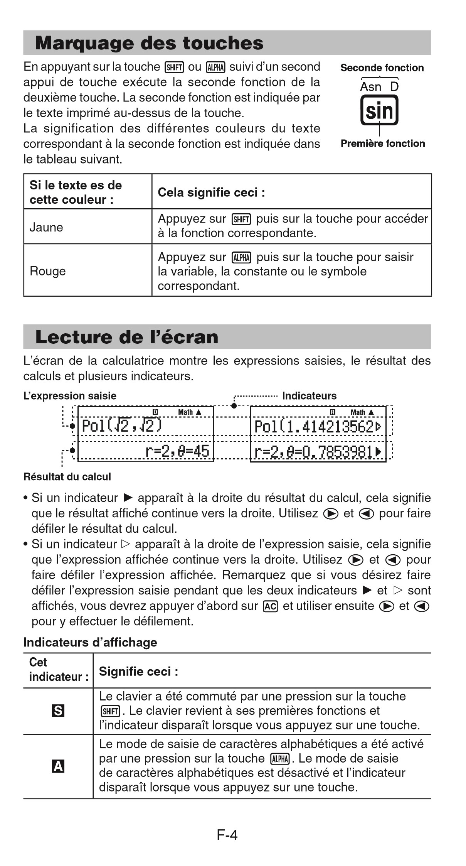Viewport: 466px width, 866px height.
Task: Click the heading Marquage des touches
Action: click(149, 43)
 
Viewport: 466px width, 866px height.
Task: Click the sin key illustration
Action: click(379, 111)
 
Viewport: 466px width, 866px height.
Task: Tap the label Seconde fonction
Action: click(382, 68)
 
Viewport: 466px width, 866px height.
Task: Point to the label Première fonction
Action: click(382, 143)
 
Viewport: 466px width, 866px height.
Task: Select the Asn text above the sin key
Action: click(370, 87)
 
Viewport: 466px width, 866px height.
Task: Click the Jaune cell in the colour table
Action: click(46, 227)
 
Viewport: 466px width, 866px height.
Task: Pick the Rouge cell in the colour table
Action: click(48, 271)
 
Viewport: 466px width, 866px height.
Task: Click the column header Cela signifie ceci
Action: click(211, 192)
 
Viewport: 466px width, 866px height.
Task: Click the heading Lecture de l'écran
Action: click(127, 337)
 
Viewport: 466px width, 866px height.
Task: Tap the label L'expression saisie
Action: click(70, 396)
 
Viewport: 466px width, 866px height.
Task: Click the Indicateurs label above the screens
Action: click(309, 396)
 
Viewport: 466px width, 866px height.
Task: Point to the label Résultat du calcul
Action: click(67, 477)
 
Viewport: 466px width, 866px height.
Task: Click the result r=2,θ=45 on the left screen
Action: click(177, 451)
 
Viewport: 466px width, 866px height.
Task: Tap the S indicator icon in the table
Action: click(58, 711)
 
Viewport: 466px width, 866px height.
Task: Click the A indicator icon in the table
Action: click(58, 766)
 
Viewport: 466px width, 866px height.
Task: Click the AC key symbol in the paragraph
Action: click(270, 606)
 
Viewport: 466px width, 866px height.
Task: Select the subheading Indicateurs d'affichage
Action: click(90, 642)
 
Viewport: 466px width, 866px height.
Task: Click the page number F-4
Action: click(227, 835)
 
